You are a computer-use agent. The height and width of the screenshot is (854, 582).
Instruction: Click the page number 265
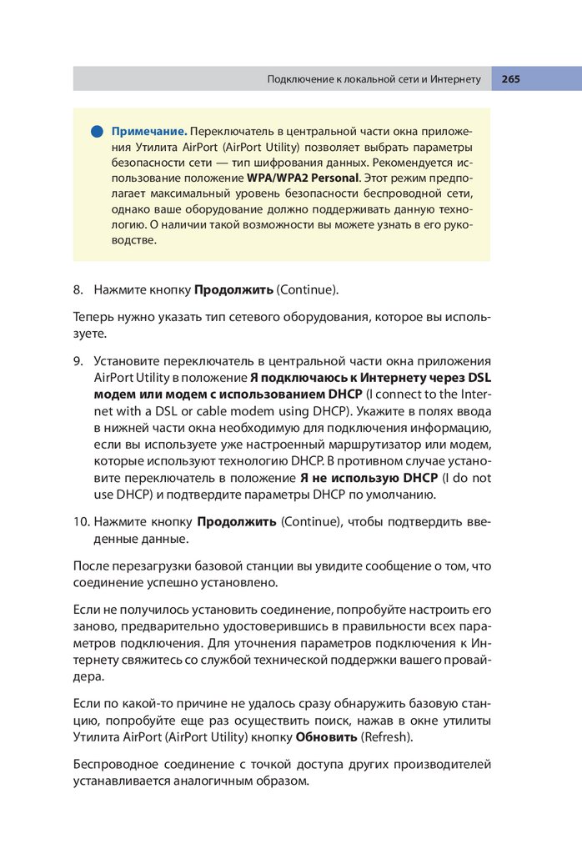coord(510,79)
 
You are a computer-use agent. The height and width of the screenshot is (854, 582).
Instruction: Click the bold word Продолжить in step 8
coord(233,290)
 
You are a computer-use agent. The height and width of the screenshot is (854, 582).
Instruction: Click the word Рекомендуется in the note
coord(409,163)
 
